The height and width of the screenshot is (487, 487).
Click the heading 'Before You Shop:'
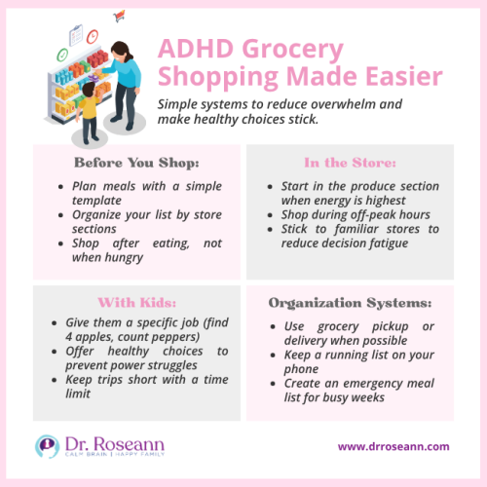click(136, 163)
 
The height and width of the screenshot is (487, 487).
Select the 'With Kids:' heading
click(136, 301)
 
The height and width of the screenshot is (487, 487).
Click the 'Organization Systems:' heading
click(350, 301)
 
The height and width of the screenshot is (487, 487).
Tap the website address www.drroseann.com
click(393, 446)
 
